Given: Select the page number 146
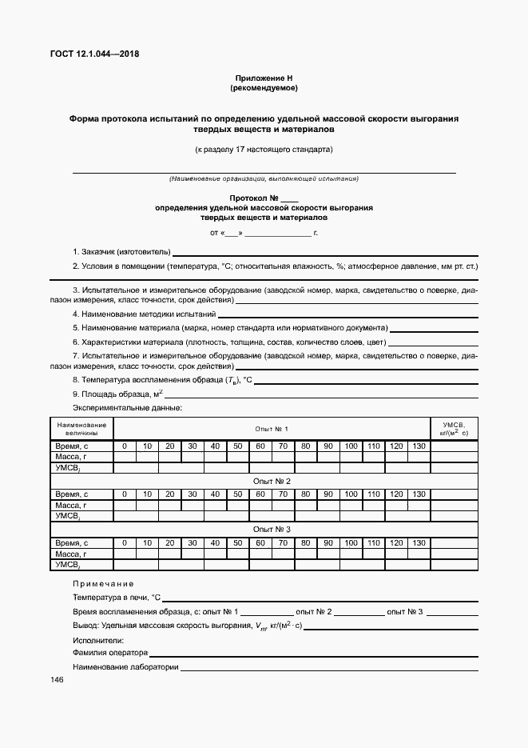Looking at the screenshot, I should coord(57,679).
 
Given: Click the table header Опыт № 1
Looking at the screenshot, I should coord(272,429).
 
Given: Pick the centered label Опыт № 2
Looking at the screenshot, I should coord(272,482).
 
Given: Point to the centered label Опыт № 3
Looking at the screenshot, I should coord(272,530).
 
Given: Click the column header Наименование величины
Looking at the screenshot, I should coord(81,429).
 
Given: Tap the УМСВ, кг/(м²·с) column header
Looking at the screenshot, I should coord(454,429).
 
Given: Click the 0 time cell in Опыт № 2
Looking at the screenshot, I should coord(125,494).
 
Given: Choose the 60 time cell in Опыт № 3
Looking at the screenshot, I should coord(260,542).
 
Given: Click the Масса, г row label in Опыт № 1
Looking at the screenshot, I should coord(70,457).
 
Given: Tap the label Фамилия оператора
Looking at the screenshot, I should coord(110,653).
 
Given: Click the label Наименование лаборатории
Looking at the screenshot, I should coord(125,666).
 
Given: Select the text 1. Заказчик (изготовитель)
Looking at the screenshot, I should coord(121,252).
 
